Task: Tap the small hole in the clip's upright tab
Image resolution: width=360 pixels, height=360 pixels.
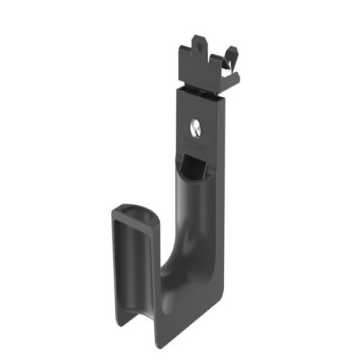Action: coord(201,50)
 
